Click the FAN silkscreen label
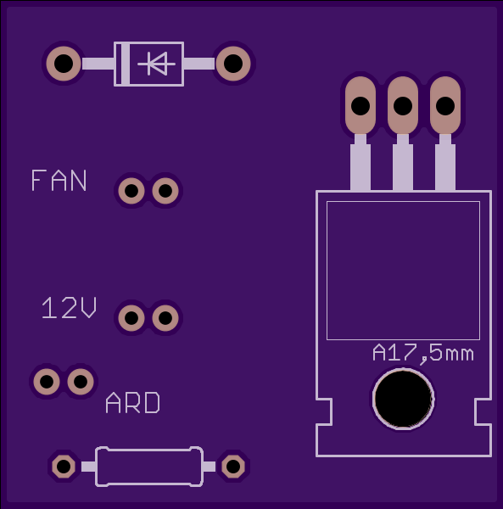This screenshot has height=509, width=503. click(x=59, y=180)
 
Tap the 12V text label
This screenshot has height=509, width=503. click(x=69, y=307)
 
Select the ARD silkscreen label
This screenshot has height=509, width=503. click(x=132, y=402)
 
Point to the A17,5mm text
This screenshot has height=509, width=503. click(x=423, y=354)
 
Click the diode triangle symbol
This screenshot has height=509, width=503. click(x=157, y=64)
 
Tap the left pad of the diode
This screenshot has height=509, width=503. click(x=64, y=64)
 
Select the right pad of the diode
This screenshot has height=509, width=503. click(x=233, y=64)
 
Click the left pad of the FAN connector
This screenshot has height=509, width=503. click(x=131, y=191)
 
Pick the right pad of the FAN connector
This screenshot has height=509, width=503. click(x=165, y=191)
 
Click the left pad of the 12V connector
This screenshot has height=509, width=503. click(x=131, y=318)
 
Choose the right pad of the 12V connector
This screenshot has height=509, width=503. click(x=165, y=318)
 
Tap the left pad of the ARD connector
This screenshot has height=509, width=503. click(x=47, y=382)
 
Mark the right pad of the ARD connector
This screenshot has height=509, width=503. click(x=81, y=382)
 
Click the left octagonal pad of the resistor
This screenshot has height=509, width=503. click(x=64, y=467)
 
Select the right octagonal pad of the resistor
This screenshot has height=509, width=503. click(x=233, y=467)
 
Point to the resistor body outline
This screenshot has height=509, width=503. click(x=149, y=450)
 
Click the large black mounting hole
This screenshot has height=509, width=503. click(x=403, y=399)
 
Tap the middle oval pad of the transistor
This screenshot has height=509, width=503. click(x=403, y=105)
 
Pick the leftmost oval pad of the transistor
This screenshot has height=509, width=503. click(x=360, y=105)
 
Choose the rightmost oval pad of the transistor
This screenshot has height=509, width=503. click(x=445, y=105)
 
